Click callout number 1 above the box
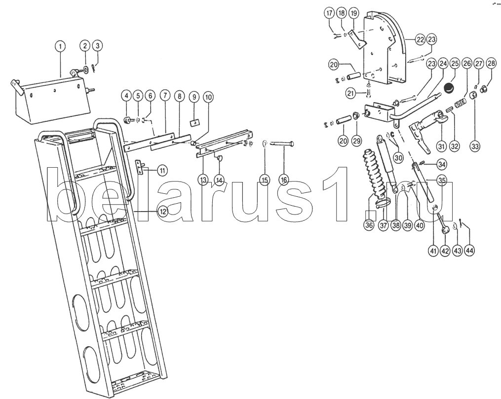(60, 47)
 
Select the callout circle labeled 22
(420, 39)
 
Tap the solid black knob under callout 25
(449, 88)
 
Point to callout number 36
(368, 225)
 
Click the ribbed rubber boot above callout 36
(373, 173)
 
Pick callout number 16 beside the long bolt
(284, 180)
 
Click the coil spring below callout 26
(460, 104)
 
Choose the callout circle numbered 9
(194, 96)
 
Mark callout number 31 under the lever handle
(440, 146)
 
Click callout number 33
(475, 146)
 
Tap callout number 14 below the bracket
(219, 180)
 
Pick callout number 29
(357, 141)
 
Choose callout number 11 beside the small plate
(162, 170)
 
